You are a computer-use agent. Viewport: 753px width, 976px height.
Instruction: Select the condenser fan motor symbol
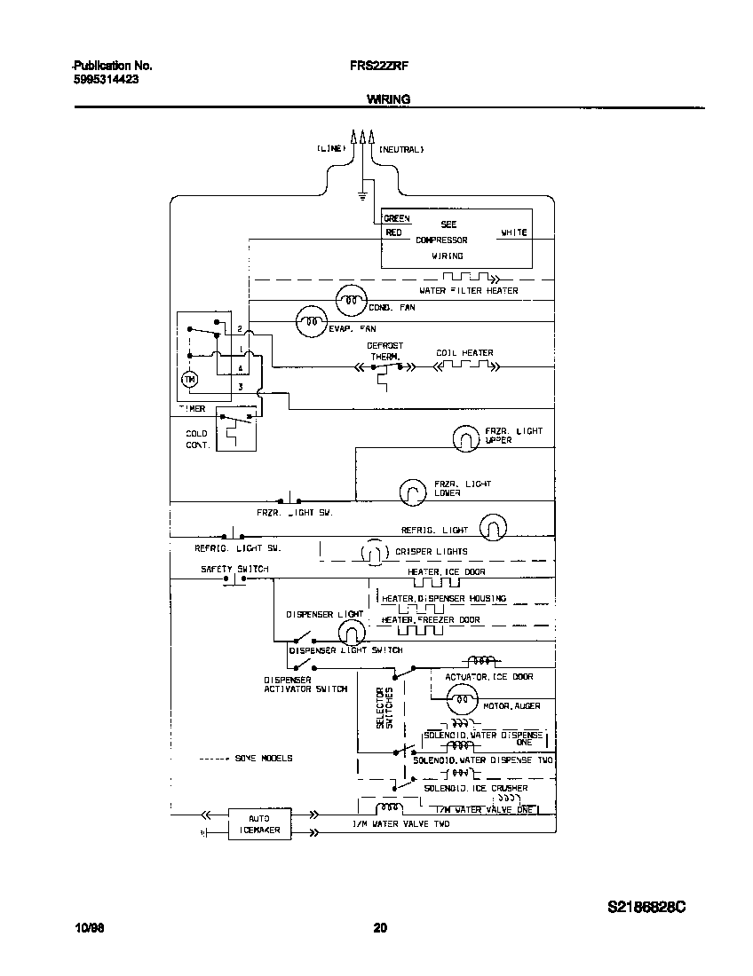click(x=351, y=301)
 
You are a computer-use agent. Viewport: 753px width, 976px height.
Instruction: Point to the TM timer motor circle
click(x=188, y=379)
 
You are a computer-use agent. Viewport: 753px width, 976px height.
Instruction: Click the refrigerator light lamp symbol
click(x=493, y=527)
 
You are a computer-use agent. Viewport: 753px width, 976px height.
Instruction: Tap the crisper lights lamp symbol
click(x=372, y=553)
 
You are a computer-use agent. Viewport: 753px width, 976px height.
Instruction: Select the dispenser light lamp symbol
click(x=352, y=631)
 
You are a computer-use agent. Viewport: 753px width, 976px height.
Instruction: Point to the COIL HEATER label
click(x=464, y=352)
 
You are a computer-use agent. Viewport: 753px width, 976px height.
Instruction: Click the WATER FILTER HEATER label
click(x=469, y=291)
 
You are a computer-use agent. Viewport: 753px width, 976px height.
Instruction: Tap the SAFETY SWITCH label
click(x=234, y=569)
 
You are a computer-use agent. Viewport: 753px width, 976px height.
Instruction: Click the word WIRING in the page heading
click(x=388, y=99)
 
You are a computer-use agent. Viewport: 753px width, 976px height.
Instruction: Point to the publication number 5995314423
click(x=105, y=79)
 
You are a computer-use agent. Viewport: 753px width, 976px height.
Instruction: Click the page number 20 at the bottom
click(x=379, y=928)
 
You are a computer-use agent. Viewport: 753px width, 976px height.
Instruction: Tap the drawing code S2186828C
click(x=647, y=908)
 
